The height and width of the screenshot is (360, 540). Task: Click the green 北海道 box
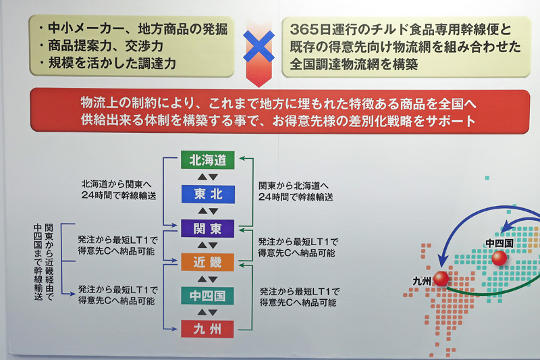(x=208, y=160)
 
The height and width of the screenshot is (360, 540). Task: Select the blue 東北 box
(x=208, y=195)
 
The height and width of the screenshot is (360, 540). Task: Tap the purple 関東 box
(x=208, y=228)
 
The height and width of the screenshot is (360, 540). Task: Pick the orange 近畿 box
(x=208, y=262)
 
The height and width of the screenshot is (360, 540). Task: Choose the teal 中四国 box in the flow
(x=207, y=296)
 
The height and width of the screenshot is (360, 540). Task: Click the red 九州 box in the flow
(x=207, y=329)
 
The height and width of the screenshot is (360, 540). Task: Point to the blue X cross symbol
(x=259, y=46)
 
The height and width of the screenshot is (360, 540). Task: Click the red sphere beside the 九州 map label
(x=441, y=279)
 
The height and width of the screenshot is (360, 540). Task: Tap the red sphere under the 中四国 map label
(x=499, y=258)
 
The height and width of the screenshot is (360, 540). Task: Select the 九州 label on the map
(x=422, y=281)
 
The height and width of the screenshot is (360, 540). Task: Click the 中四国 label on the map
(x=500, y=244)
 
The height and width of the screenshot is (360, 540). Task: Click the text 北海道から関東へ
(x=116, y=184)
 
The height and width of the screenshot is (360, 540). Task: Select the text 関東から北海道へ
(x=294, y=186)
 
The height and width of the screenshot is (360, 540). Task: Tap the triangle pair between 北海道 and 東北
(x=208, y=177)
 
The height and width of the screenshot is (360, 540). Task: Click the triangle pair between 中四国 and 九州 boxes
(x=207, y=313)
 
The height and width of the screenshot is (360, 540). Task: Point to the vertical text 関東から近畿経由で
(x=49, y=262)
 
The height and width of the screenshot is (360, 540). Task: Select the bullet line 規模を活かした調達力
(x=107, y=63)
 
